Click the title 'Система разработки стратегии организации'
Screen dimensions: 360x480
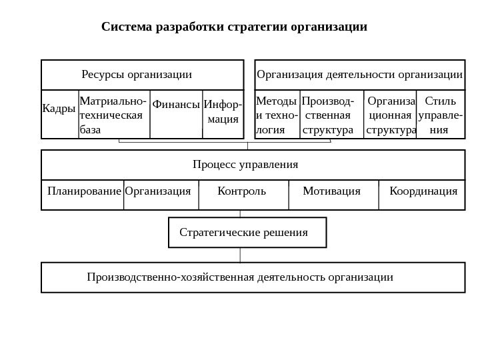point(234,27)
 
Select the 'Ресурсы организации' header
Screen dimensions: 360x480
point(137,74)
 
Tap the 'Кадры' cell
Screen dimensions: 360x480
point(59,108)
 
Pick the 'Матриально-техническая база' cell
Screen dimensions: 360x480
point(113,115)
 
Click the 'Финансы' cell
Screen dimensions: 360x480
point(176,105)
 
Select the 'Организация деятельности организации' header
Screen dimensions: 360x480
point(360,74)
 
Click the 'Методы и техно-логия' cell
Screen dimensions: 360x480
point(277,115)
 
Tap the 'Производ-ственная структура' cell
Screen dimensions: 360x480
point(331,115)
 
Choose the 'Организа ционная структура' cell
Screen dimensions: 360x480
point(391,115)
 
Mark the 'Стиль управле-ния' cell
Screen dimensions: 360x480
point(440,115)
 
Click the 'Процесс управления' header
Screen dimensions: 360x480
point(245,164)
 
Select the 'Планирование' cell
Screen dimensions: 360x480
point(85,192)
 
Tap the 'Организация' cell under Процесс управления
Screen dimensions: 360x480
point(158,192)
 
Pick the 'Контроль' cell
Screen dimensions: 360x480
point(241,192)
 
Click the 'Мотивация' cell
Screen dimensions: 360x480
point(331,192)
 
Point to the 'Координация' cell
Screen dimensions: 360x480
point(423,192)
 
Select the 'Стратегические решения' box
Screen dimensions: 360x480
point(244,233)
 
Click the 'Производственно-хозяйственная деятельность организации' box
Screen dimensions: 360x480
point(240,277)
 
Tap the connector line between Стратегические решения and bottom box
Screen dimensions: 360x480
point(240,255)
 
